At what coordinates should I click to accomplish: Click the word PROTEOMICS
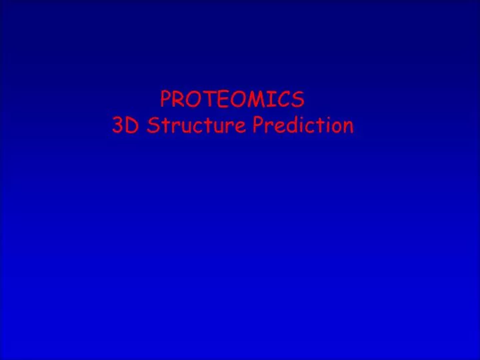click(x=232, y=100)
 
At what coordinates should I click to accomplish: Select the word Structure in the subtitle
click(x=197, y=125)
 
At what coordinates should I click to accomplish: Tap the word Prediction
click(x=303, y=125)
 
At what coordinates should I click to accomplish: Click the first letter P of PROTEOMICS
click(x=166, y=100)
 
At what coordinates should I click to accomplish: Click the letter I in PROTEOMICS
click(x=267, y=100)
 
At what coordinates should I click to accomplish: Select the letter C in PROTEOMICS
click(x=281, y=100)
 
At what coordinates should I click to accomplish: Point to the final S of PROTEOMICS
click(x=297, y=100)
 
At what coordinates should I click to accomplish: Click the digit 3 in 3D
click(x=119, y=125)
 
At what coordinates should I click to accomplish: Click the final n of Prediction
click(x=347, y=126)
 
